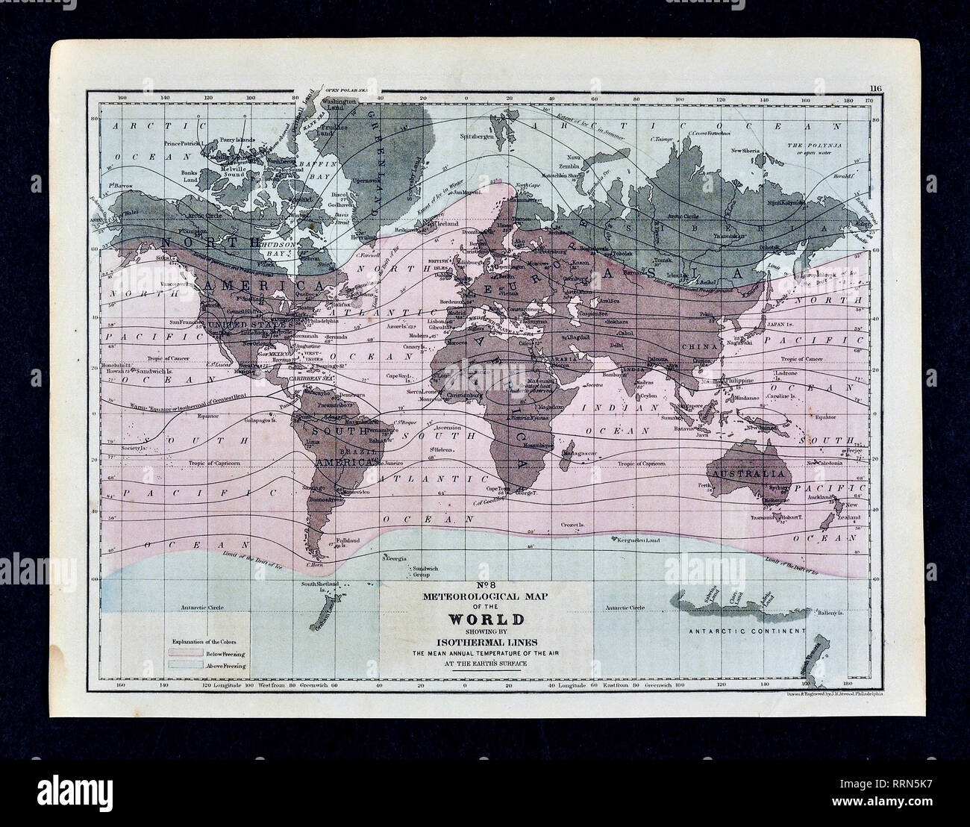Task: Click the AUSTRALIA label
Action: point(749,475)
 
